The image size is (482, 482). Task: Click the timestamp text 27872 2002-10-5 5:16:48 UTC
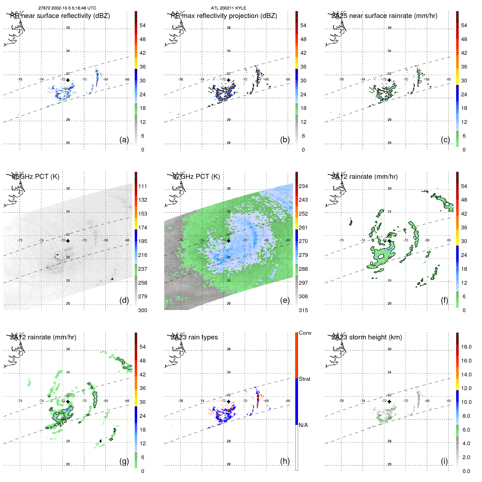(67, 8)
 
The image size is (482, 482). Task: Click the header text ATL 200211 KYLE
(228, 8)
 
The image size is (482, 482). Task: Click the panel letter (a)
(124, 140)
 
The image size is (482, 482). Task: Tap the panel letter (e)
(285, 300)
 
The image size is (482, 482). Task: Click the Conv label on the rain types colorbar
(305, 333)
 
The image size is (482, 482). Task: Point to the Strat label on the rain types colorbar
(305, 379)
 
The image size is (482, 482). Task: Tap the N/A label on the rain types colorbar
(303, 425)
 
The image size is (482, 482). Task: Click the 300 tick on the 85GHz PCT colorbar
(143, 310)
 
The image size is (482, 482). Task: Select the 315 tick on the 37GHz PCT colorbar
(303, 310)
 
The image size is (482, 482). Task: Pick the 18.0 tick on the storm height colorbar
(466, 347)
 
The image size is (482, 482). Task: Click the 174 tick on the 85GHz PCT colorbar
(143, 228)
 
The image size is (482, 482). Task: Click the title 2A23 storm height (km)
(367, 337)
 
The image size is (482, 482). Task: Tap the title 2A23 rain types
(194, 337)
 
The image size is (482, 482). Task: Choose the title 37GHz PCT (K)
(197, 177)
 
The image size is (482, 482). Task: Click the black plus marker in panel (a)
(68, 80)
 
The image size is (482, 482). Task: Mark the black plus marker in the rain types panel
(229, 401)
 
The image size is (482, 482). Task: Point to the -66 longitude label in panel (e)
(288, 240)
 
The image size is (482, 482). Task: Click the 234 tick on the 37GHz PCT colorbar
(303, 186)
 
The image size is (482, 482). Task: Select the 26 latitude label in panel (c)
(389, 143)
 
